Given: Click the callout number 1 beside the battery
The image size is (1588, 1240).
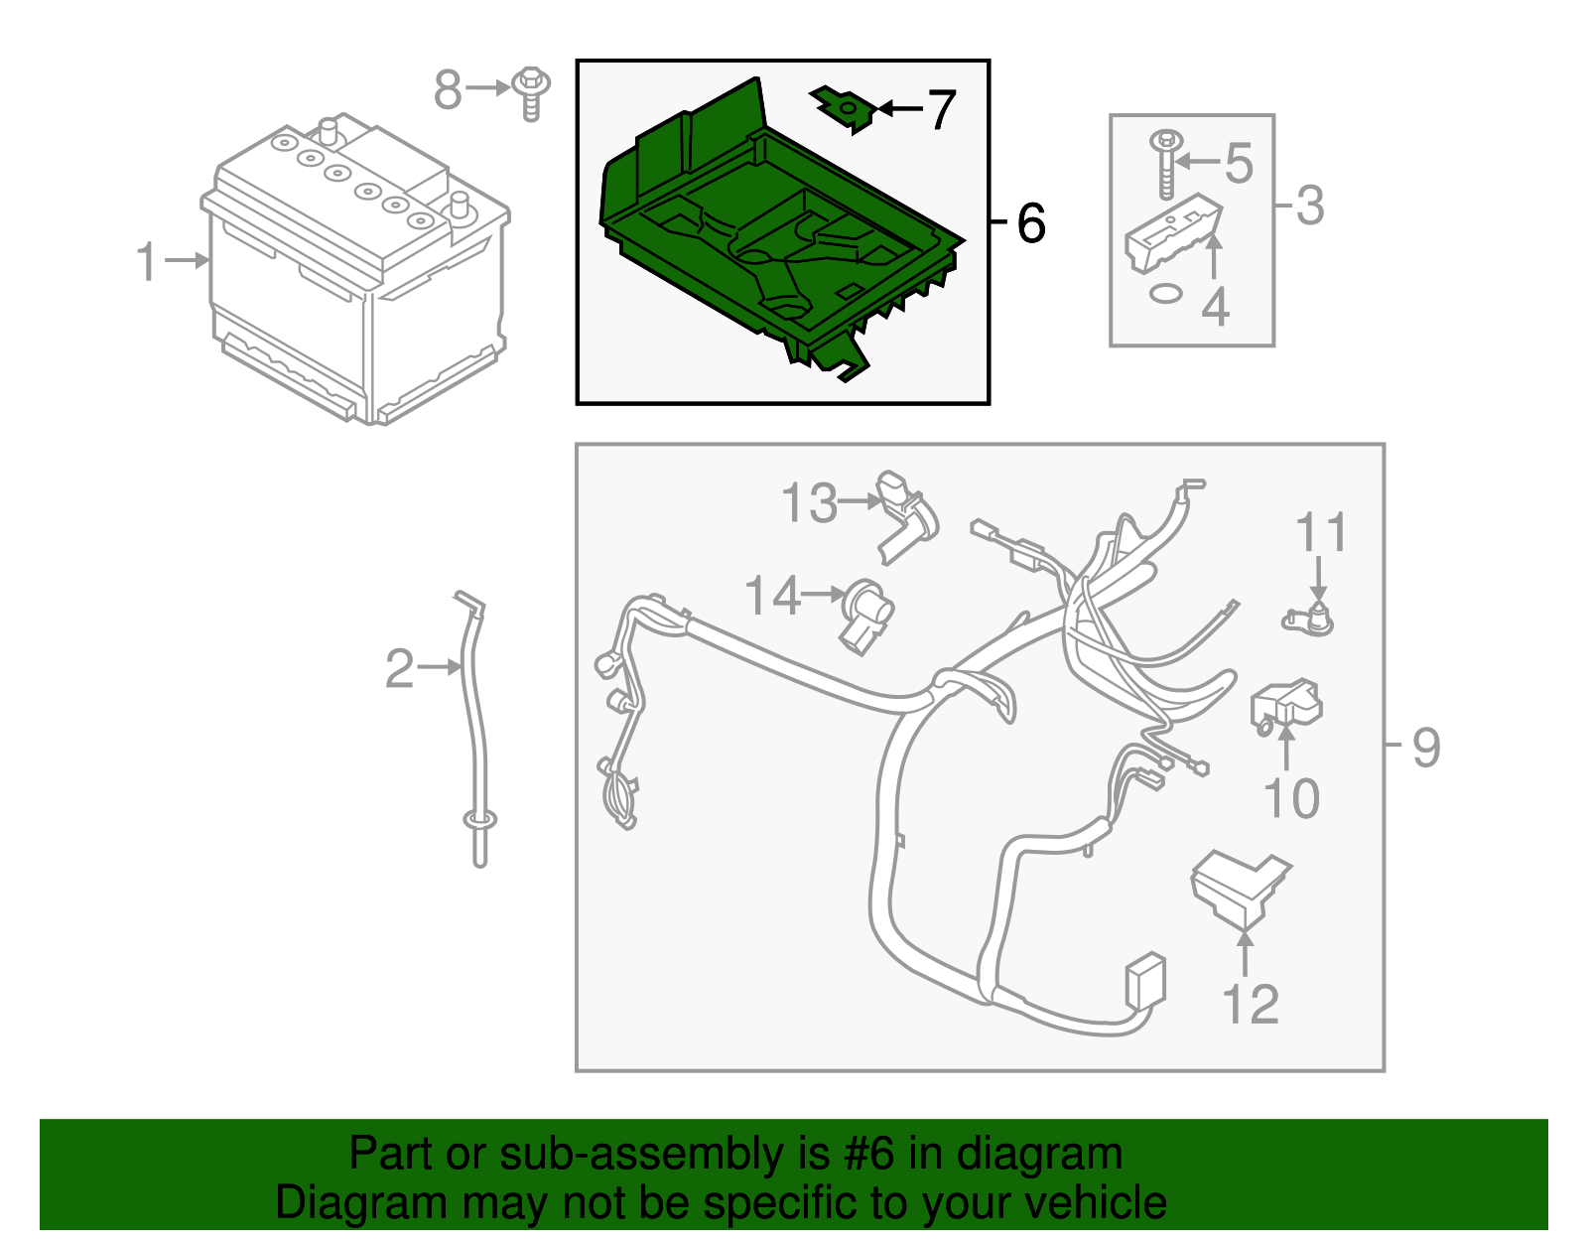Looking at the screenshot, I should point(146,262).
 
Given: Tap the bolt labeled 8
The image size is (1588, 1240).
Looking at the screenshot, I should point(532,93).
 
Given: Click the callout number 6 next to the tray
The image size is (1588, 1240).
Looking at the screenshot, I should point(1031,223).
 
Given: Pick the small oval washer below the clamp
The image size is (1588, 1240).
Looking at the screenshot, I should point(1165,293).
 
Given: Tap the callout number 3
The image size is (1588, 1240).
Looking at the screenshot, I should point(1310,207).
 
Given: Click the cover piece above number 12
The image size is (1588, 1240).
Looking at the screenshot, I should point(1239,886).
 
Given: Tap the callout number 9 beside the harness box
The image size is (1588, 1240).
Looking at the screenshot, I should point(1426,747).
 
